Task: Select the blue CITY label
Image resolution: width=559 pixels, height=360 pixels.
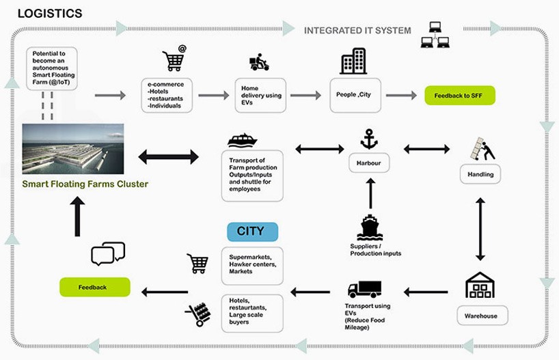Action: click(252, 231)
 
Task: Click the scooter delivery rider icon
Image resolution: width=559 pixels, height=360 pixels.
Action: click(259, 64)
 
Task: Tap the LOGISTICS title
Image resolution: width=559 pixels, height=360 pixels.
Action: click(49, 13)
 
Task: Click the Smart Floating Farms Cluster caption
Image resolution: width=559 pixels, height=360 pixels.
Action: click(75, 184)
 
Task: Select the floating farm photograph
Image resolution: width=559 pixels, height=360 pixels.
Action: click(73, 150)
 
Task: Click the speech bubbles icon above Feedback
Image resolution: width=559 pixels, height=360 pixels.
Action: click(108, 253)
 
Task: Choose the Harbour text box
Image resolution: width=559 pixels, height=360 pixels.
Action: click(368, 164)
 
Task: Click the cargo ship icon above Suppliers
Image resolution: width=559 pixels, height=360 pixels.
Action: click(368, 228)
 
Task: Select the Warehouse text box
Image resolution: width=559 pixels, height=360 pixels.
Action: click(482, 316)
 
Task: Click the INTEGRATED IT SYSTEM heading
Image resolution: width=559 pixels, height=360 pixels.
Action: click(357, 30)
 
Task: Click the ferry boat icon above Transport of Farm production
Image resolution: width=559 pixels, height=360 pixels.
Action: click(242, 141)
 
